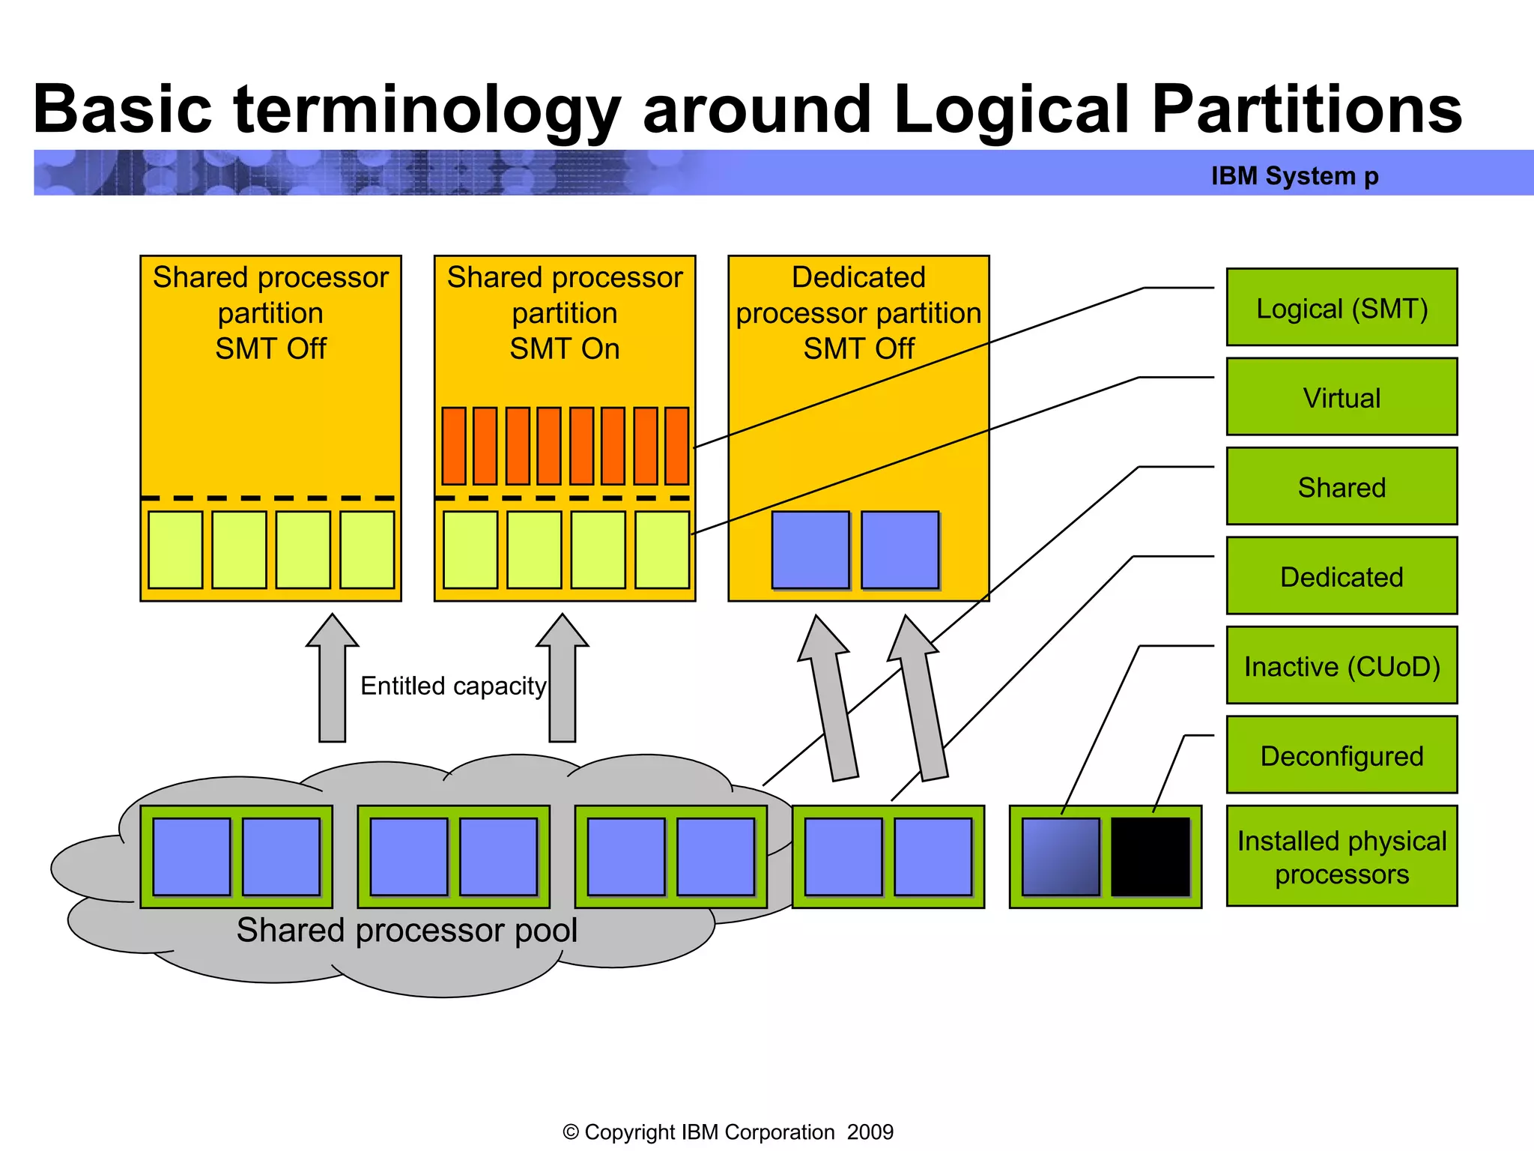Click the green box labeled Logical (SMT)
tap(1342, 307)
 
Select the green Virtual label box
tap(1342, 397)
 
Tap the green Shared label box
tap(1342, 486)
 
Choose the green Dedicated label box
tap(1342, 575)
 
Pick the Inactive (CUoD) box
tap(1342, 665)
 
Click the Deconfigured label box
tap(1342, 755)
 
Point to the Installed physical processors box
tap(1342, 857)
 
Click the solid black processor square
tap(1150, 857)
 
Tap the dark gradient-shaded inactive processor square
tap(1061, 857)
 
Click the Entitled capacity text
tap(453, 686)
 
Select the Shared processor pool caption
tap(407, 930)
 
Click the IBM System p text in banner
tap(1294, 175)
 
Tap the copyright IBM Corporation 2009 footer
tap(728, 1132)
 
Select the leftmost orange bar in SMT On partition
tap(454, 446)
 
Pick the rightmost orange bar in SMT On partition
tap(676, 446)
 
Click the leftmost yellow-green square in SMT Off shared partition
tap(175, 550)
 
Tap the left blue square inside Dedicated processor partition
tap(810, 550)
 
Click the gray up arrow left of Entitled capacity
tap(332, 678)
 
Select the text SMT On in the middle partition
tap(565, 348)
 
